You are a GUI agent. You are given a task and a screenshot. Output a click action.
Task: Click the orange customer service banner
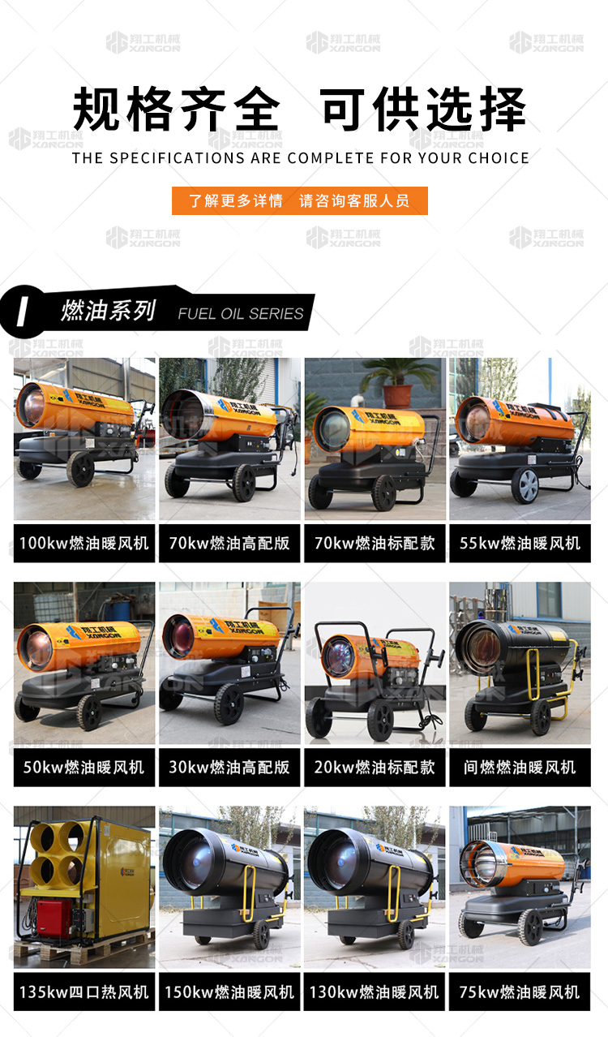(300, 200)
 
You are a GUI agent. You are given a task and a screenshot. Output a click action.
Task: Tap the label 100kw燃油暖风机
(84, 543)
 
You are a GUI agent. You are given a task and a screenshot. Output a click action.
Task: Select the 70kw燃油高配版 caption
(229, 543)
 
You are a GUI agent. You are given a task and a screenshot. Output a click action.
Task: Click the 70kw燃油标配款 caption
(375, 543)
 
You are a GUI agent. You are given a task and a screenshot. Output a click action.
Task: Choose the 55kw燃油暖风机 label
(520, 543)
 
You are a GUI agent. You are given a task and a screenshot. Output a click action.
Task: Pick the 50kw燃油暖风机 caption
(84, 767)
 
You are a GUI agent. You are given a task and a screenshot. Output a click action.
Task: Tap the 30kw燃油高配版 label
(229, 767)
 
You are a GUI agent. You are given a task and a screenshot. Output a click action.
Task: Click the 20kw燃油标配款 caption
(375, 767)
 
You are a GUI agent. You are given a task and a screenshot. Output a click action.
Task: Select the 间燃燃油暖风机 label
(520, 767)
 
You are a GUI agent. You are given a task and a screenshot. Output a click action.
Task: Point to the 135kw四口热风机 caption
(84, 992)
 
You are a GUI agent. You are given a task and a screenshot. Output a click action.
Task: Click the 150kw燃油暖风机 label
(229, 992)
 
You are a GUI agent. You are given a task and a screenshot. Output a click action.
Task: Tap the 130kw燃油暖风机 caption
(375, 992)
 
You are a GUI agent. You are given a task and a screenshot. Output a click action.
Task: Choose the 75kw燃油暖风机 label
(520, 992)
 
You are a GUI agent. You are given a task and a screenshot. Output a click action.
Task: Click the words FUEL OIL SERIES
(241, 313)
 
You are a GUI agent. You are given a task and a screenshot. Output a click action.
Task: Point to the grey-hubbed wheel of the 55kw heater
(525, 485)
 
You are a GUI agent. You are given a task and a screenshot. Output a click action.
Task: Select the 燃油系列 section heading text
(108, 310)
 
